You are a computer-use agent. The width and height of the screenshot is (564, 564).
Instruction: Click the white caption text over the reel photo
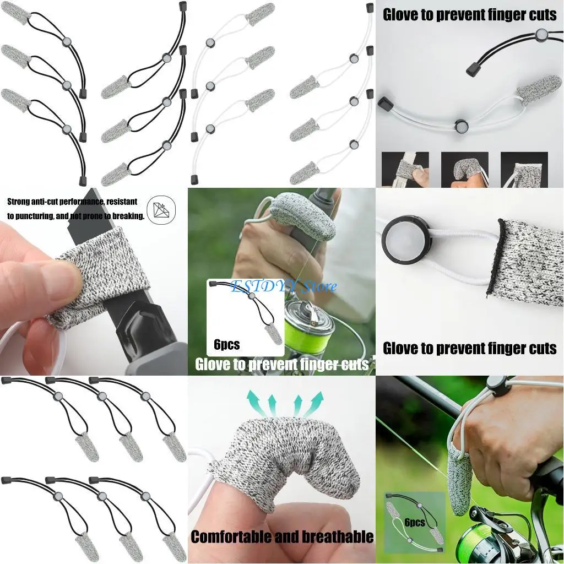tap(281, 364)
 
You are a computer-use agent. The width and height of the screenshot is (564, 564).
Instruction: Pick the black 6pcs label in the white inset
tap(226, 345)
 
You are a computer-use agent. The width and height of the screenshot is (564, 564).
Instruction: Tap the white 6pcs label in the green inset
tap(414, 522)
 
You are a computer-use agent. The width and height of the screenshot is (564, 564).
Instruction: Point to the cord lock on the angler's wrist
tap(497, 385)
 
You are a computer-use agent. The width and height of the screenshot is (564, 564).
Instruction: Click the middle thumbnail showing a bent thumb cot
tap(464, 169)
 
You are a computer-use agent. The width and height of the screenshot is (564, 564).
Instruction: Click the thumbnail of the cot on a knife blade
tap(405, 169)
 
